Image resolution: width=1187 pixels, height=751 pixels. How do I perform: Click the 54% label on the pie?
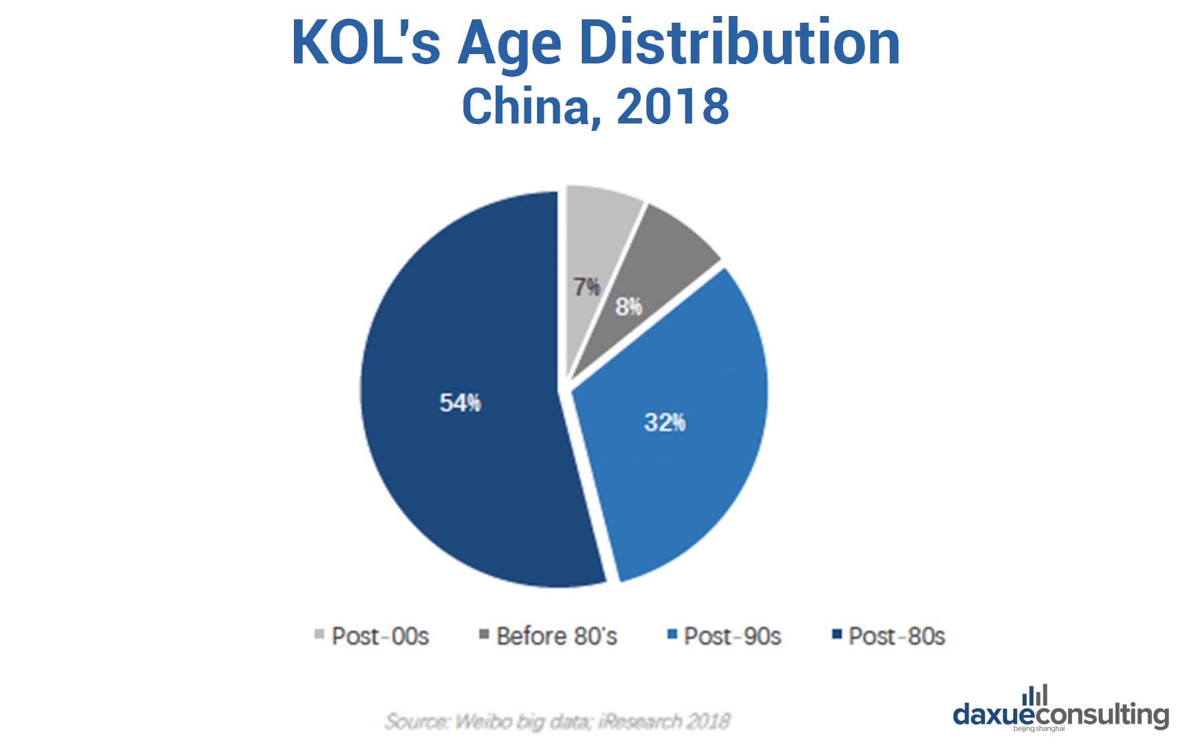(460, 403)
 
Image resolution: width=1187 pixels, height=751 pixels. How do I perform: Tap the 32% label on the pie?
(665, 422)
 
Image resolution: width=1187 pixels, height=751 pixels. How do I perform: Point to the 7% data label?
(586, 287)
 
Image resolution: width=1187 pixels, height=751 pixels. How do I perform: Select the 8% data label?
(629, 307)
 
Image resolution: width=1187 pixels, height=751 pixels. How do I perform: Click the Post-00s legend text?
(380, 636)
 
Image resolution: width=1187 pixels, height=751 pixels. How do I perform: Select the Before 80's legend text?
(556, 636)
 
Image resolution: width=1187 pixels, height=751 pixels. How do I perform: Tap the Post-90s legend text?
(732, 636)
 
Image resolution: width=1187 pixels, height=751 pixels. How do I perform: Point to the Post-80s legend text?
(896, 636)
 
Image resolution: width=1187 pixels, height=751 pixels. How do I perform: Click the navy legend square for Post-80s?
(836, 634)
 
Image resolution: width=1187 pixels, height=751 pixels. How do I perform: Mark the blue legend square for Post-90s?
(672, 634)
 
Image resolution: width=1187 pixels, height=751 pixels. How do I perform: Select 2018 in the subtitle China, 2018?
(673, 106)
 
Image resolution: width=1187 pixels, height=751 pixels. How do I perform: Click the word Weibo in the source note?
(483, 722)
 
